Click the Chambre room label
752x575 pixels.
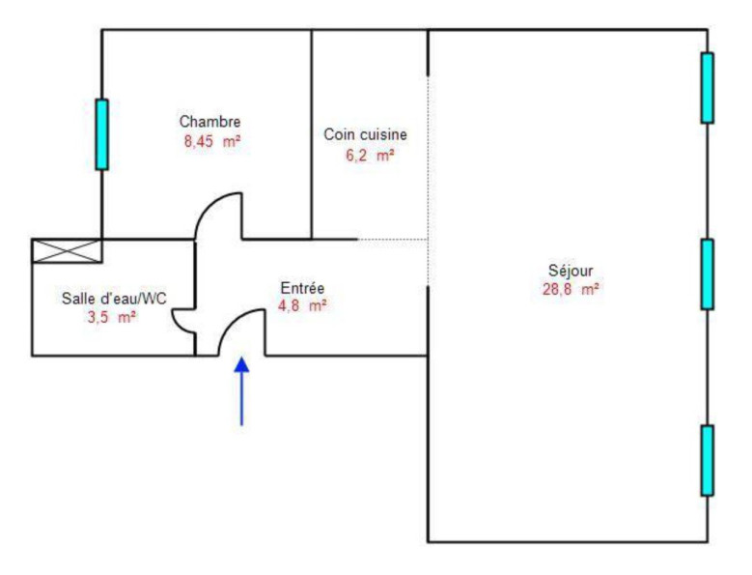click(x=210, y=122)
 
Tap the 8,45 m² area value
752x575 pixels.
click(x=212, y=142)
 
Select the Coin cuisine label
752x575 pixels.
click(x=366, y=134)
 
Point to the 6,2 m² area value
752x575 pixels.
click(x=370, y=155)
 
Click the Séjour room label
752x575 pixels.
click(x=571, y=271)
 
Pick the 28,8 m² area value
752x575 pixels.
click(x=571, y=289)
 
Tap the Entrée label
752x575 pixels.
click(x=302, y=288)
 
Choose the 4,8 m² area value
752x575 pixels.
click(x=302, y=305)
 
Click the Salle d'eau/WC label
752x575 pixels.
click(x=114, y=299)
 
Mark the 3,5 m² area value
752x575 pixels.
click(x=112, y=317)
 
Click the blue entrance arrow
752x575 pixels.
click(x=241, y=391)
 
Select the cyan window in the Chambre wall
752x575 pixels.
click(x=101, y=134)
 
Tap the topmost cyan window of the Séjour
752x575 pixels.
click(x=707, y=88)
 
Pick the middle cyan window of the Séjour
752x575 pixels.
click(x=707, y=274)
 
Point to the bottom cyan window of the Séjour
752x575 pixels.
click(x=707, y=460)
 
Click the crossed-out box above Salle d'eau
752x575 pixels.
click(x=67, y=251)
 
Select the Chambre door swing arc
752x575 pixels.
click(x=209, y=204)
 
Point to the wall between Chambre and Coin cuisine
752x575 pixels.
click(x=311, y=134)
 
